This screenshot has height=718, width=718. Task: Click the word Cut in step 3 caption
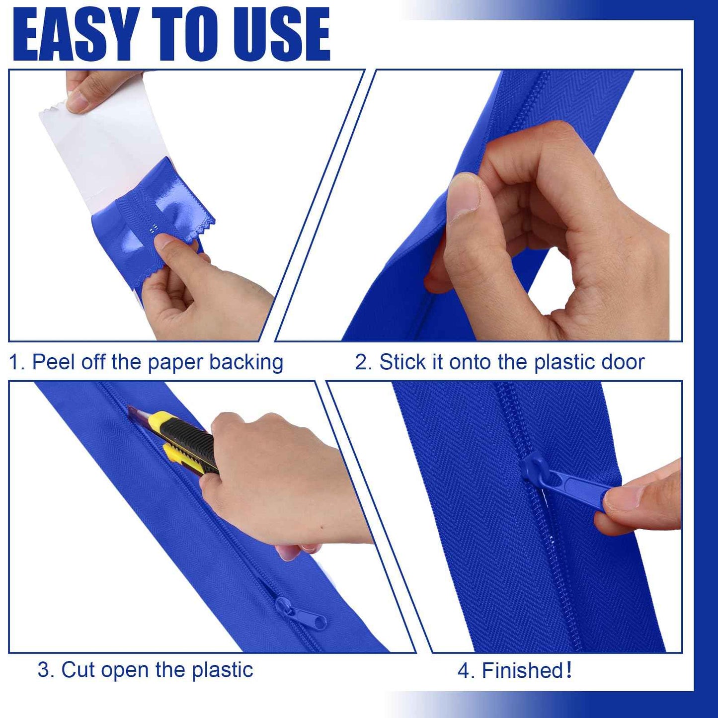(78, 670)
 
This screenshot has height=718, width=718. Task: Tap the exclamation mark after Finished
(568, 670)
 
